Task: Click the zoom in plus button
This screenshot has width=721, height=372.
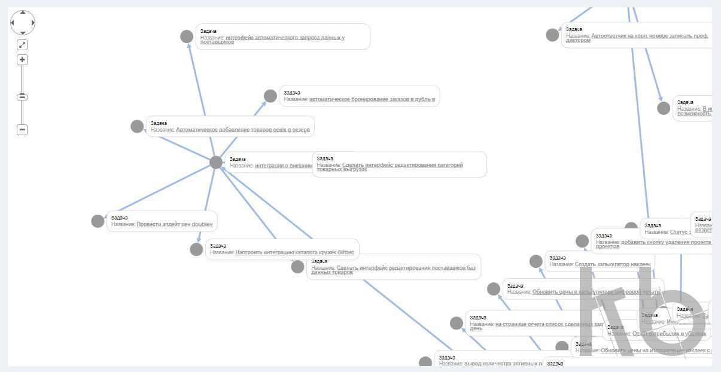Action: pyautogui.click(x=22, y=60)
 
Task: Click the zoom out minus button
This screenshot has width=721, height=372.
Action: pyautogui.click(x=22, y=129)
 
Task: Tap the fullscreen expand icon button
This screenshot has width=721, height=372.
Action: pyautogui.click(x=22, y=45)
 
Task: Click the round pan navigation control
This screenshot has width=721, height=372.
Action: pyautogui.click(x=23, y=23)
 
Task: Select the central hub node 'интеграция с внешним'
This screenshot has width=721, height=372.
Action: pyautogui.click(x=216, y=162)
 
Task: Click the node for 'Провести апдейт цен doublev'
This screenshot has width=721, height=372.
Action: pyautogui.click(x=98, y=221)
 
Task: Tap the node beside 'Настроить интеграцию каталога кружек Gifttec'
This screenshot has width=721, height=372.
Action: pyautogui.click(x=196, y=249)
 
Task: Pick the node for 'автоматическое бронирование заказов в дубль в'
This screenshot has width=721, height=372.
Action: pyautogui.click(x=270, y=96)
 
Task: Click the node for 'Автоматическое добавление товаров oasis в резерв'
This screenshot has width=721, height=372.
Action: pyautogui.click(x=137, y=126)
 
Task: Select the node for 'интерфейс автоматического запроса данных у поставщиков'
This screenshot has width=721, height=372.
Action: pyautogui.click(x=187, y=36)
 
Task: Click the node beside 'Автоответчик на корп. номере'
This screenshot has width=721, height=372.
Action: pyautogui.click(x=552, y=35)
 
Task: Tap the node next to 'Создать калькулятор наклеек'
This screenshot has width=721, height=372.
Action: pyautogui.click(x=536, y=261)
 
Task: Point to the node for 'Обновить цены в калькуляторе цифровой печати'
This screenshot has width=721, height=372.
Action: pyautogui.click(x=494, y=289)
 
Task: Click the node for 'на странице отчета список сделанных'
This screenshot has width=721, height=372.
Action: pyautogui.click(x=457, y=323)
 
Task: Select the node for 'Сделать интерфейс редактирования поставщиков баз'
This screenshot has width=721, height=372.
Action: pyautogui.click(x=297, y=267)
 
